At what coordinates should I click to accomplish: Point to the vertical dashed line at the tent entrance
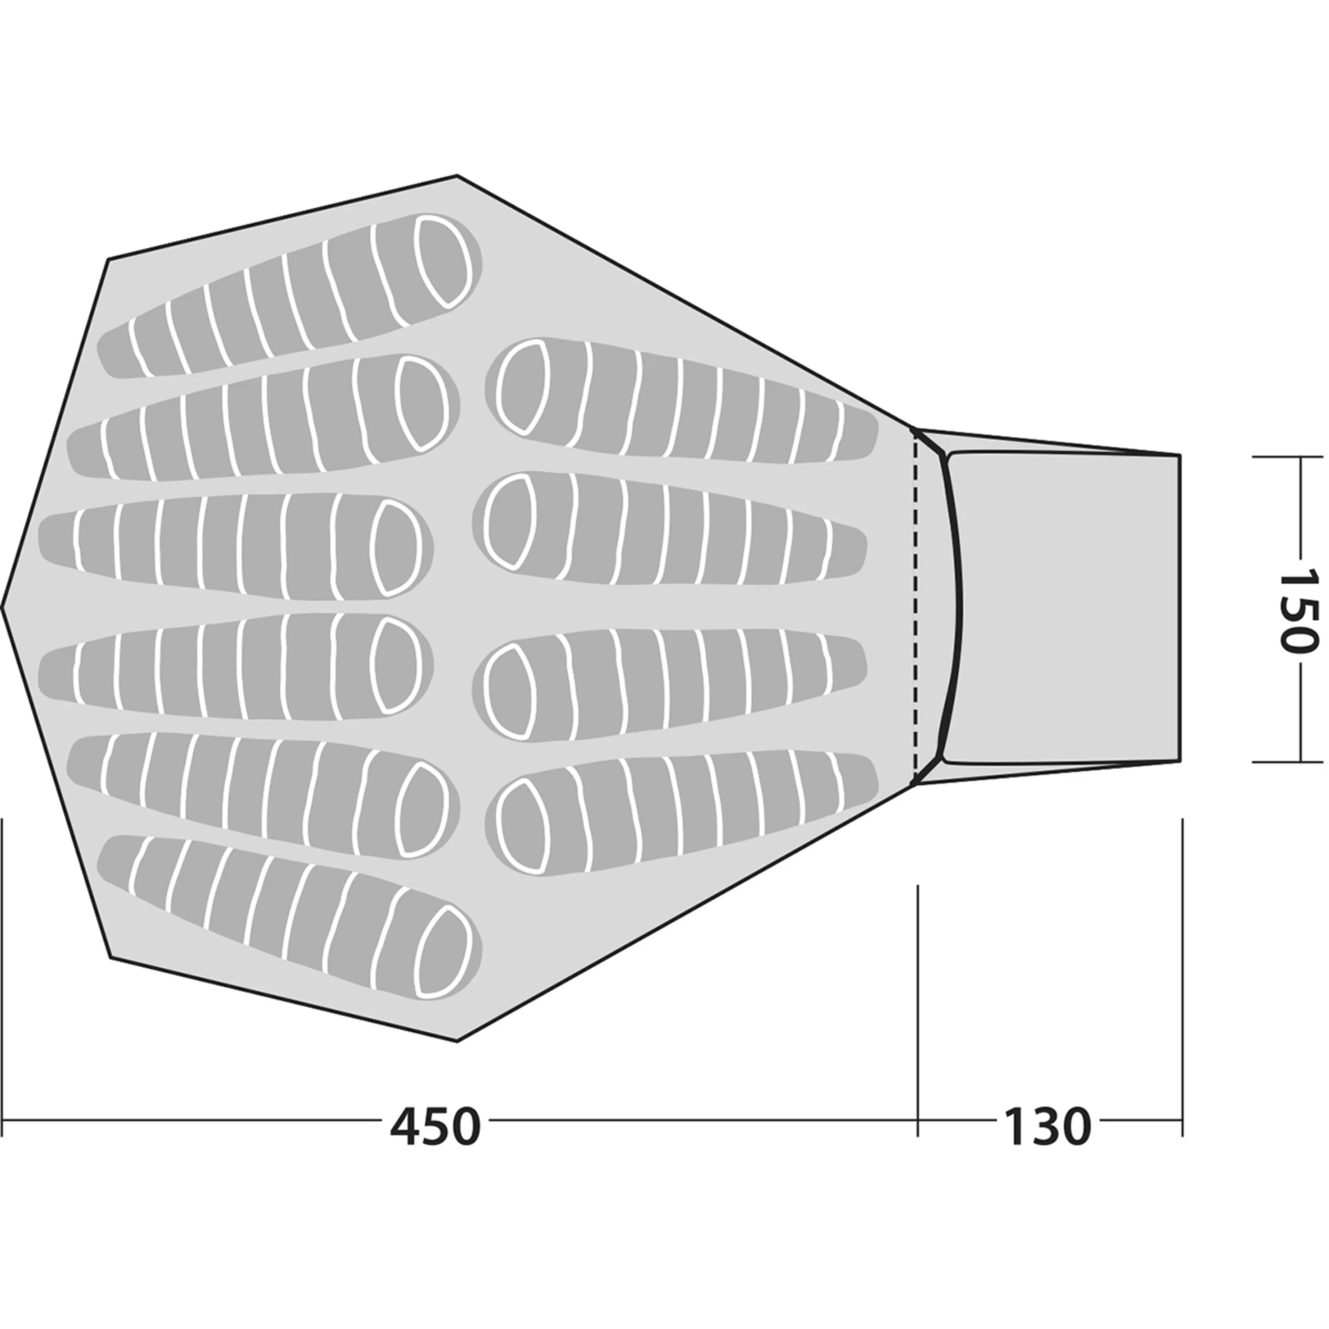click(x=915, y=605)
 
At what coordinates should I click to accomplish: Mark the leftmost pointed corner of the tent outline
click(x=4, y=607)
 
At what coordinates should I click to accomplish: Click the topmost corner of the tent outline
click(x=457, y=177)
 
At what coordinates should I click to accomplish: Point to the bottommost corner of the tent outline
click(x=457, y=1041)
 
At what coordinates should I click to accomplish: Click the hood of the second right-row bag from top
click(x=509, y=520)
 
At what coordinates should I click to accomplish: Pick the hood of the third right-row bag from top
click(x=509, y=692)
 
